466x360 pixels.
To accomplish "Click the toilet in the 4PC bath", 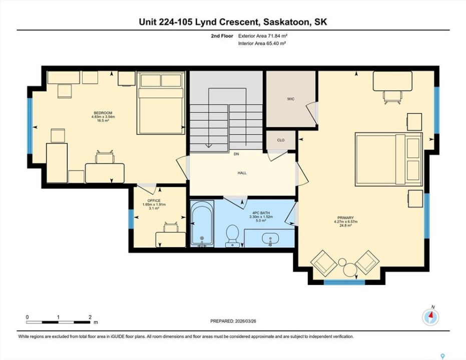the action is [x=232, y=235].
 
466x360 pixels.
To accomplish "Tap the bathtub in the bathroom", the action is [x=202, y=223].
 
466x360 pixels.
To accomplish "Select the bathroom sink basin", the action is [x=270, y=238].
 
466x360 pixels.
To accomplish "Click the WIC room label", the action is [x=291, y=99].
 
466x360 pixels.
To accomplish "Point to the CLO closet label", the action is [x=280, y=140].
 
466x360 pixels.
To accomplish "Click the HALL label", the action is [x=242, y=172].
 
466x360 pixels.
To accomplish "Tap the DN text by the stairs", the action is [x=236, y=154].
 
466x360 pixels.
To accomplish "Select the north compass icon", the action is [x=430, y=316].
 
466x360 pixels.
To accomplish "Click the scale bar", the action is [x=58, y=322].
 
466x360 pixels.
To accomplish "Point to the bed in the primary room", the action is [x=389, y=159].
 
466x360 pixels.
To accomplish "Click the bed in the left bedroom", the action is [x=161, y=103].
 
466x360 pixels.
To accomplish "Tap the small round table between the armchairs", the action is [x=349, y=270].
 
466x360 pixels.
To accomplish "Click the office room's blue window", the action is [x=131, y=219].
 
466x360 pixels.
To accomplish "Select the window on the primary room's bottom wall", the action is [x=344, y=282].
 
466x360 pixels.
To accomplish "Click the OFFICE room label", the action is [x=154, y=200].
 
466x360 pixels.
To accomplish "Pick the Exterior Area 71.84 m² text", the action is [x=263, y=36].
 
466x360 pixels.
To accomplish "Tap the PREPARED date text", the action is [x=233, y=321].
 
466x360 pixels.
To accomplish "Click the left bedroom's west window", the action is [x=30, y=126].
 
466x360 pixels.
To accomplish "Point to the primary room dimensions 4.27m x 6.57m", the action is [x=345, y=221].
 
